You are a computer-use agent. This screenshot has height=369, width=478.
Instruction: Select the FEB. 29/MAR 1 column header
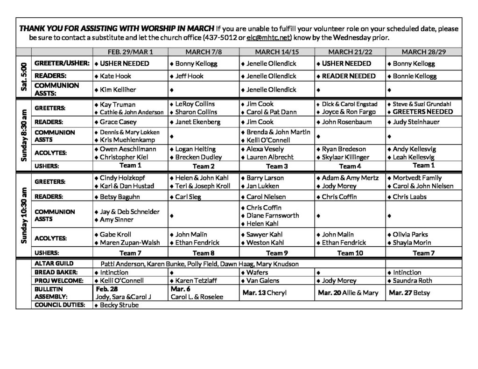tap(130, 51)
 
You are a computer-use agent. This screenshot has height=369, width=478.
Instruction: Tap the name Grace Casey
tap(118, 122)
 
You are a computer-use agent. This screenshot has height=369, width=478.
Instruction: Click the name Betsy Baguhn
tap(119, 197)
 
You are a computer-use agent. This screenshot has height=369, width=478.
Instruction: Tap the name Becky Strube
tap(119, 305)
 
